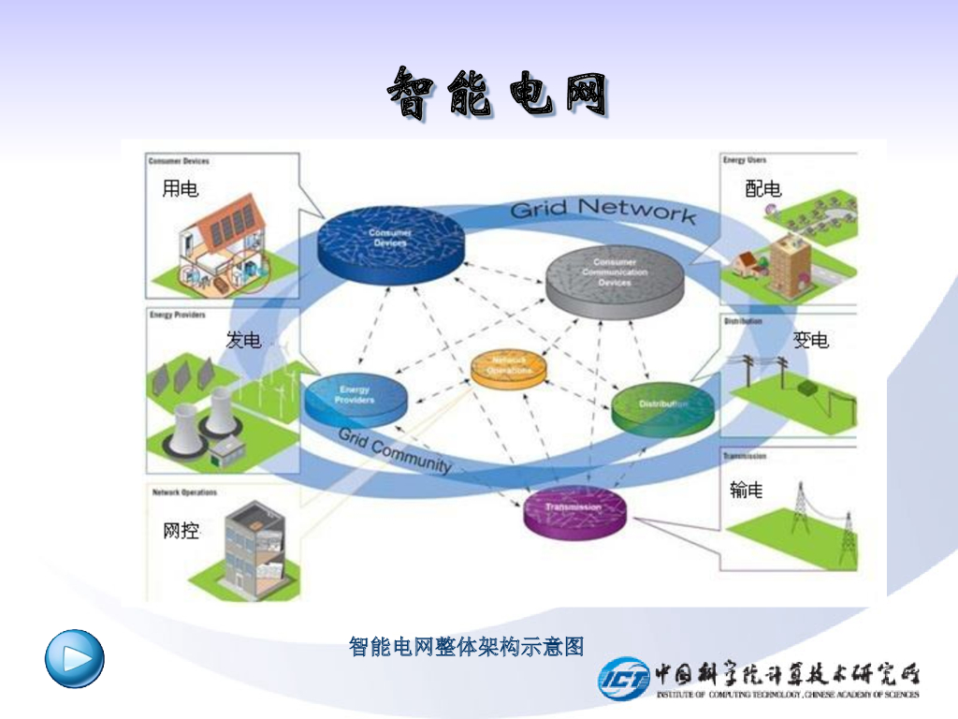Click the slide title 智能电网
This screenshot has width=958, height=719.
[497, 94]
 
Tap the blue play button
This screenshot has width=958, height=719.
[75, 658]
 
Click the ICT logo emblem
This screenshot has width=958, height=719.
[623, 677]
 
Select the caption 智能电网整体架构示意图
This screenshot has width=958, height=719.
[466, 647]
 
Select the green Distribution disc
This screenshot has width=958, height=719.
[663, 406]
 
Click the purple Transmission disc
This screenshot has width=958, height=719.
[574, 511]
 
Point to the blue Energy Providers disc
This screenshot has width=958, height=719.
[356, 400]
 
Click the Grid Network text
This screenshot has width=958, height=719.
[602, 209]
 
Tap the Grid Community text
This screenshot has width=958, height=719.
[394, 450]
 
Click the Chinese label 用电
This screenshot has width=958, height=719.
[181, 189]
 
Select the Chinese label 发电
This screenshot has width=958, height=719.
[244, 340]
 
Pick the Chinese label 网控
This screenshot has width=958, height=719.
[181, 532]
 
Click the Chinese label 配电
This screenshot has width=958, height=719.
[762, 189]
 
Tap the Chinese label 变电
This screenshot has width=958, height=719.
[811, 340]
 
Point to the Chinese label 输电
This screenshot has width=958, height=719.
[746, 489]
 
